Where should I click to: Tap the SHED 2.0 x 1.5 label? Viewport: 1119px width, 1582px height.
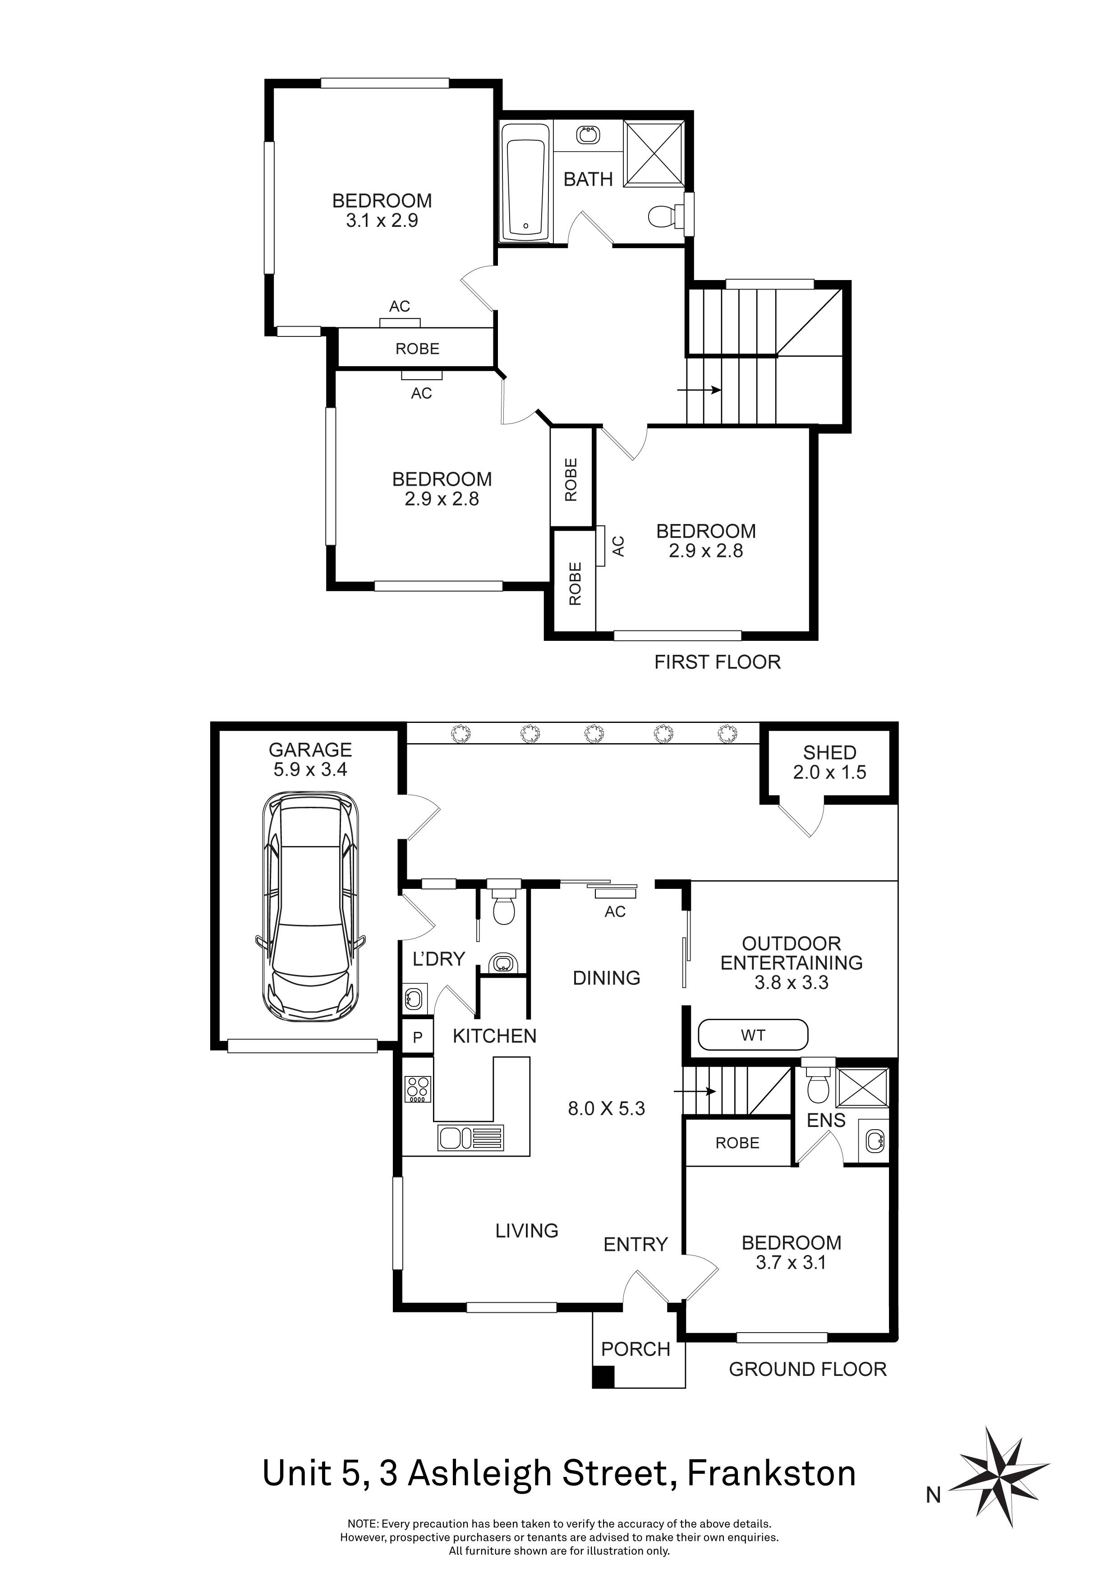[x=829, y=762]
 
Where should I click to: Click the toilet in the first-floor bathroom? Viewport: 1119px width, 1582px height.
[x=662, y=217]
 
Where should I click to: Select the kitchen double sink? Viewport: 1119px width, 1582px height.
[x=470, y=1138]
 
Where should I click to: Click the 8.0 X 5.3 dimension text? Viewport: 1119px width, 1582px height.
[x=606, y=1108]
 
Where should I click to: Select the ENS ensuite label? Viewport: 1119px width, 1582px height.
[x=825, y=1120]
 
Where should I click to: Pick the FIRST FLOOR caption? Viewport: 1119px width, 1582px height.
[x=717, y=662]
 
